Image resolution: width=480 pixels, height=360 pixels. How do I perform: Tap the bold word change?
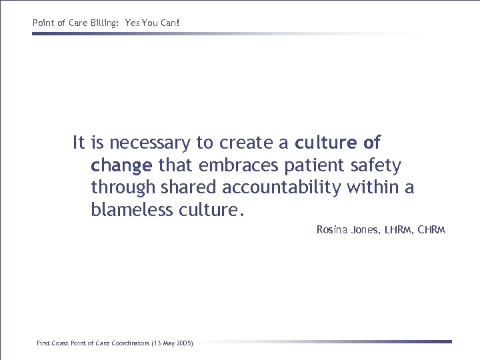coord(121,165)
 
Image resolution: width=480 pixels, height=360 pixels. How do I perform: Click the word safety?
coord(377,165)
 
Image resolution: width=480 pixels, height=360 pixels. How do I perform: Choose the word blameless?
coord(132,211)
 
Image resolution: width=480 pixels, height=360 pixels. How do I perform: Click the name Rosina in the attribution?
coord(331,230)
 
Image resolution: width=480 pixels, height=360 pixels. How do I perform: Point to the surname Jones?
coord(365,230)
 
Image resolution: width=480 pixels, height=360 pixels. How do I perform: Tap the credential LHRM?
coord(399,230)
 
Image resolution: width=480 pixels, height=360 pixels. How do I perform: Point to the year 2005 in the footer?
coord(183,343)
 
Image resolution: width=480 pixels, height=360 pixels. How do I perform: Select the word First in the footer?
coord(43,343)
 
